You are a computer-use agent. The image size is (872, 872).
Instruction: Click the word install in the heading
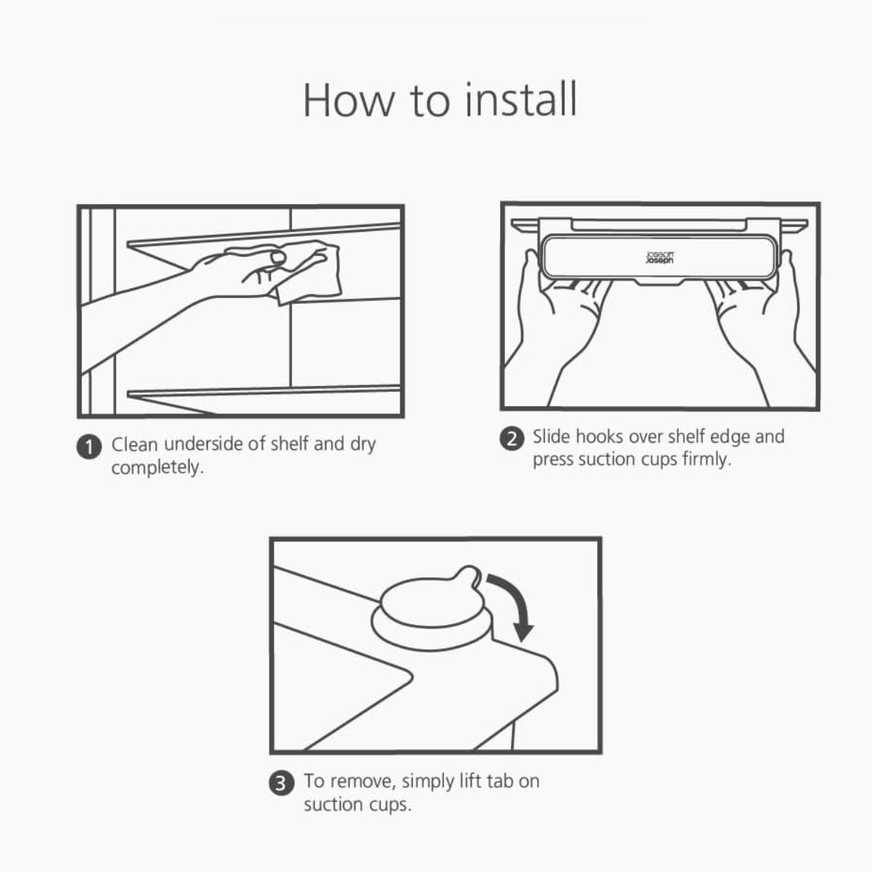[521, 100]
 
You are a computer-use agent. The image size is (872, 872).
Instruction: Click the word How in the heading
[349, 100]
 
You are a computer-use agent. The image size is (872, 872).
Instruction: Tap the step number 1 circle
[89, 447]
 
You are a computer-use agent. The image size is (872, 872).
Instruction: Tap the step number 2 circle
[512, 438]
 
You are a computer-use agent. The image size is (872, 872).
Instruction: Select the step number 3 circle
[281, 783]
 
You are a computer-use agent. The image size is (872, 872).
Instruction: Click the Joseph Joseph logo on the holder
[660, 257]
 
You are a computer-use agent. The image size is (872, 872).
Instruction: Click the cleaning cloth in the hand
[307, 272]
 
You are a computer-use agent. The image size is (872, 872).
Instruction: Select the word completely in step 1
[158, 467]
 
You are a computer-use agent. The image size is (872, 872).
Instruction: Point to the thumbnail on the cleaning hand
[278, 258]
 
